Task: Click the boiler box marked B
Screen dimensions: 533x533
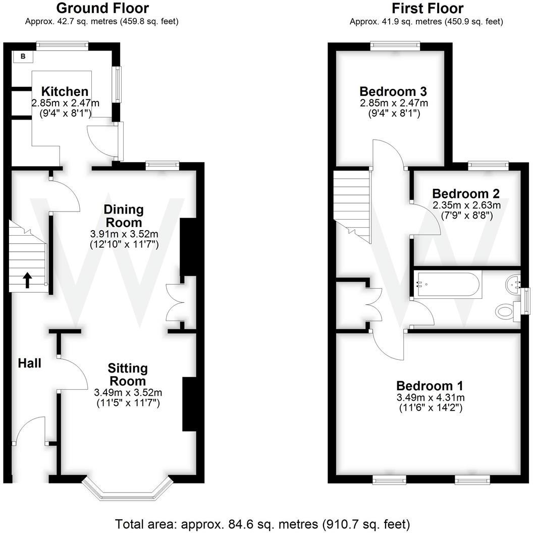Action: (x=23, y=57)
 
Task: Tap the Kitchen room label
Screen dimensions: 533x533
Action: (x=65, y=92)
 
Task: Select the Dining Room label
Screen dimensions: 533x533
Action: (x=124, y=216)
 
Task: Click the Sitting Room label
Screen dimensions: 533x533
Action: (x=128, y=375)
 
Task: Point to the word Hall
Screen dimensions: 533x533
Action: (x=30, y=363)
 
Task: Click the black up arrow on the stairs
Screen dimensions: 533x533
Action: (x=27, y=280)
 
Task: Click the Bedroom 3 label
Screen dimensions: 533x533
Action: (x=393, y=92)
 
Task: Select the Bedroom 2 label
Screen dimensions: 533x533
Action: (x=466, y=193)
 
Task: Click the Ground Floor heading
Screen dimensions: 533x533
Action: (x=102, y=9)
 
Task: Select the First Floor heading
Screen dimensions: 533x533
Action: (x=427, y=9)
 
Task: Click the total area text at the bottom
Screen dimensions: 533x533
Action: (x=262, y=523)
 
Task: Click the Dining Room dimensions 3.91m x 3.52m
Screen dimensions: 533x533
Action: (x=124, y=234)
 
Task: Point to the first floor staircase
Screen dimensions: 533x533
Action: (x=352, y=202)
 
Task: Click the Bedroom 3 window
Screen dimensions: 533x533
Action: (x=396, y=46)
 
